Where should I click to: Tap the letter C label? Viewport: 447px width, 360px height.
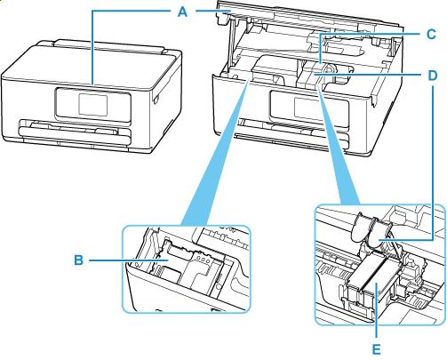click(429, 34)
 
